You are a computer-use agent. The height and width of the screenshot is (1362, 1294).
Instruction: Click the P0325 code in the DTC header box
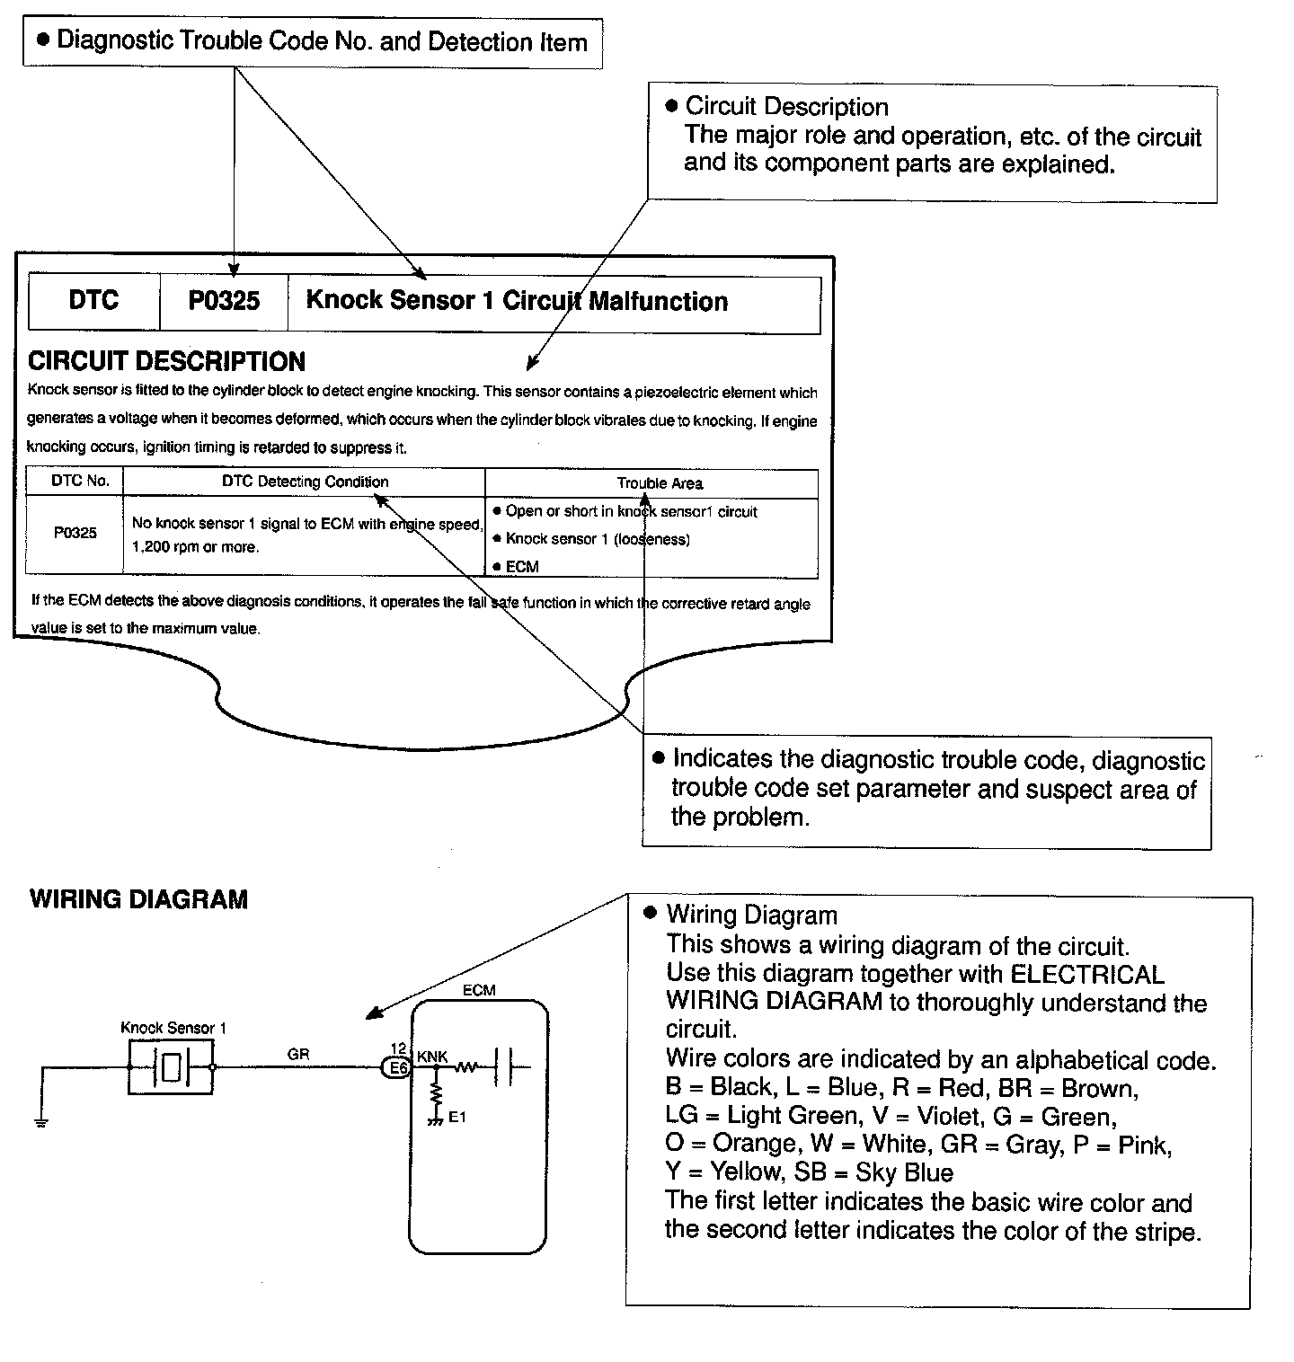(224, 301)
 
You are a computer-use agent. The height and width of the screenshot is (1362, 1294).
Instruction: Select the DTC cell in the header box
(93, 300)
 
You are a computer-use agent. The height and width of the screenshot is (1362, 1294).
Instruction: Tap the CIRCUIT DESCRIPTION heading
(166, 362)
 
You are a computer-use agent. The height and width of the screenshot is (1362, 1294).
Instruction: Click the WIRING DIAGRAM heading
(138, 900)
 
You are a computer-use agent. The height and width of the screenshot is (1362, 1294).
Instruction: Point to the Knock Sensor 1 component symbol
(171, 1067)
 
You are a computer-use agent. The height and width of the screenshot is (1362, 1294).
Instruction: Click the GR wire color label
(298, 1055)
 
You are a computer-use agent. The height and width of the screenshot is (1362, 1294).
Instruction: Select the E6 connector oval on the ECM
(396, 1068)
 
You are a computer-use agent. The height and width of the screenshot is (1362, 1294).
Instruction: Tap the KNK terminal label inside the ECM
(432, 1057)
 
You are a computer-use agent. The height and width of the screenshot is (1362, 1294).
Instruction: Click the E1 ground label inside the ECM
(457, 1118)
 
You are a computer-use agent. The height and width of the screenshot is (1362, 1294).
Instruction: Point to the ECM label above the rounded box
(479, 990)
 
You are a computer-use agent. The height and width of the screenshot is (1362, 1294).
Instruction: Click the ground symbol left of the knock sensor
(41, 1122)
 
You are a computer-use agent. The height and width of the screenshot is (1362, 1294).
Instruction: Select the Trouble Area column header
(660, 483)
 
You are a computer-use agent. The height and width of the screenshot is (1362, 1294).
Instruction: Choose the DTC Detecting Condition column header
(306, 482)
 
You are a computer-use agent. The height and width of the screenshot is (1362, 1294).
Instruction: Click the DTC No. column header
(80, 481)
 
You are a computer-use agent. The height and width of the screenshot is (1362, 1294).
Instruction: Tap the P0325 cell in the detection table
(75, 533)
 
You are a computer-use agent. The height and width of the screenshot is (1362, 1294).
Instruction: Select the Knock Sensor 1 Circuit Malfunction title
(517, 301)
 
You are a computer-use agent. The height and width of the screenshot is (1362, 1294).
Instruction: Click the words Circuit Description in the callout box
(786, 107)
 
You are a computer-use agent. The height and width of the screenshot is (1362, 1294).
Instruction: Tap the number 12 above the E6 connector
(398, 1048)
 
